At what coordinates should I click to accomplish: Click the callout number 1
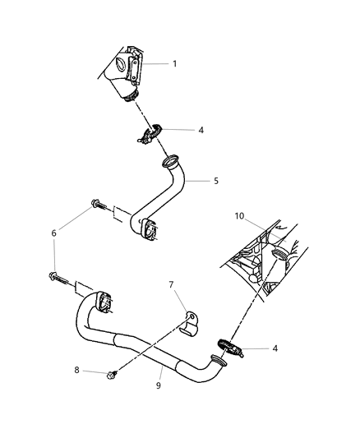[x=174, y=63]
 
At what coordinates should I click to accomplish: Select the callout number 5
[x=216, y=181]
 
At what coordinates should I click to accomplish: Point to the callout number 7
[x=172, y=284]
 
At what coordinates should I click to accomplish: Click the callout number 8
[x=76, y=371]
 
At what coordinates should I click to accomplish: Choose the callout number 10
[x=239, y=217]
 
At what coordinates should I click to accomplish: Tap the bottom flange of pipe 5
[x=150, y=231]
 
